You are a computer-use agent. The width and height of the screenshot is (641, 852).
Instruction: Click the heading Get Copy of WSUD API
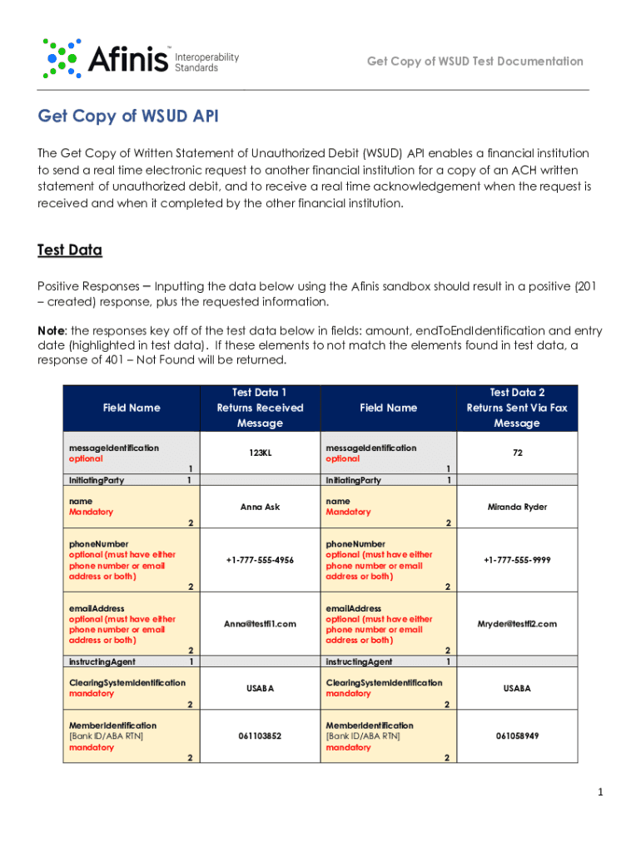(128, 116)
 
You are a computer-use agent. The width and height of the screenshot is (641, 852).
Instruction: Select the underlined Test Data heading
(70, 250)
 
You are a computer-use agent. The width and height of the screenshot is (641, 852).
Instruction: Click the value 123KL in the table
(260, 453)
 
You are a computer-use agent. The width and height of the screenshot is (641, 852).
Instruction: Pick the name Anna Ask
(260, 507)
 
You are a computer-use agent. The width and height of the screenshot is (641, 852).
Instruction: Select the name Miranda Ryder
(517, 507)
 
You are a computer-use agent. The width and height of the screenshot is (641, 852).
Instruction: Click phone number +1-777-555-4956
(260, 560)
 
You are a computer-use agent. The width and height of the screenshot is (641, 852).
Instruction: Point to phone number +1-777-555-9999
(517, 560)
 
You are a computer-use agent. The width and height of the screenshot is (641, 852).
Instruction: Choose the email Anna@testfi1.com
(260, 624)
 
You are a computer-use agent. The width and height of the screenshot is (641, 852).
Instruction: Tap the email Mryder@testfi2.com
(517, 624)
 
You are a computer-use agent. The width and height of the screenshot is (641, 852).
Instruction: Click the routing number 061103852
(260, 736)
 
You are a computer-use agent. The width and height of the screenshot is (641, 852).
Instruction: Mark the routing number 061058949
(517, 736)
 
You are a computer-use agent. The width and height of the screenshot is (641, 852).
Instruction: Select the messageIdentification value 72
(517, 453)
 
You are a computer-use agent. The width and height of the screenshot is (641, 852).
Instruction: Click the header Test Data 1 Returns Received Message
(260, 408)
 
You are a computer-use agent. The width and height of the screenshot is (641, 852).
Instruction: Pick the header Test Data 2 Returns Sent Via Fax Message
(517, 408)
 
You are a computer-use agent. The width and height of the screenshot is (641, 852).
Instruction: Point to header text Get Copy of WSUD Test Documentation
(475, 62)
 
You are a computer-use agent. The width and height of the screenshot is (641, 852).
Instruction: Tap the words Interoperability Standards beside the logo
(206, 62)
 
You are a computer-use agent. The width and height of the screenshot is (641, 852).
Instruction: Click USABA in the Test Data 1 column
(260, 688)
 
